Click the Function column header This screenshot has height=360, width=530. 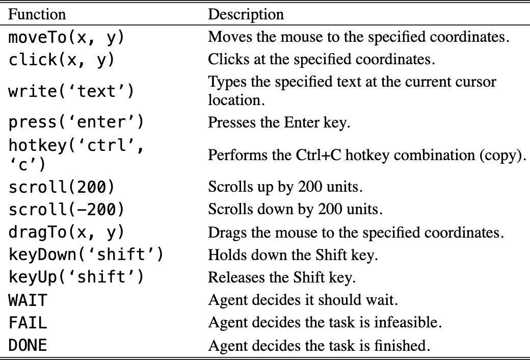coord(37,14)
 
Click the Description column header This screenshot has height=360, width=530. coord(246,14)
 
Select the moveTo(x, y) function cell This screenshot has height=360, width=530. coord(67,37)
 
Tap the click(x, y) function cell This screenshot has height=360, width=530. coord(62,60)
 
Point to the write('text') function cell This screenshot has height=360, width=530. coord(71,91)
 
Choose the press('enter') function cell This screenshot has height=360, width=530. coord(76,122)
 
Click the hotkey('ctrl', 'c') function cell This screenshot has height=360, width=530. coord(76,155)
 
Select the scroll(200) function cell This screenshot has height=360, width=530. coord(62,187)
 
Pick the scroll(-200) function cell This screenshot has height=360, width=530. coord(67,210)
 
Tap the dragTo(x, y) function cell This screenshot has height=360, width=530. coord(67,233)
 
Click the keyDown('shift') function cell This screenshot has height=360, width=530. coord(86,254)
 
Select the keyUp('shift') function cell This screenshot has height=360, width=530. coord(76,277)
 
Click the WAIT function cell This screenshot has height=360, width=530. coord(28,300)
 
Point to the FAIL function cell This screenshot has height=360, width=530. coord(28,323)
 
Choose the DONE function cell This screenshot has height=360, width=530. coord(28,345)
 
